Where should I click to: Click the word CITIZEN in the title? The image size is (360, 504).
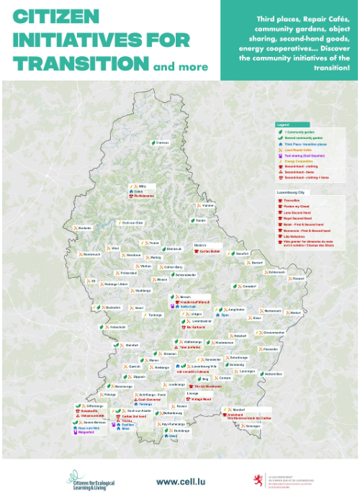tap(48, 16)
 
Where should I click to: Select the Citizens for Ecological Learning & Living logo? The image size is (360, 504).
tap(91, 480)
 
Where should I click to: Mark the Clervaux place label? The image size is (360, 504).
tap(163, 143)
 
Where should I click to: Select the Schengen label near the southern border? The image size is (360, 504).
tap(253, 426)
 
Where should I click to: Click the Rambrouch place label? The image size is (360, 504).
tap(92, 254)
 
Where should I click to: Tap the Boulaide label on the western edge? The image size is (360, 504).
tap(85, 228)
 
